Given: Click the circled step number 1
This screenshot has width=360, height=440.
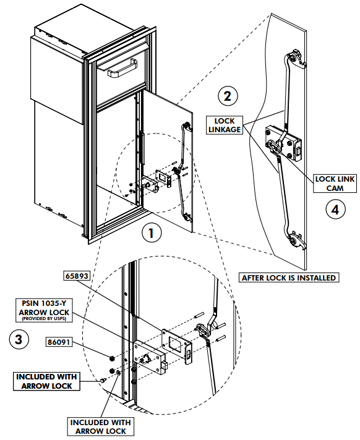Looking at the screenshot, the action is click(x=152, y=233).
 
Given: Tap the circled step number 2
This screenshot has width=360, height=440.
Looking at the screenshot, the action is click(x=228, y=96).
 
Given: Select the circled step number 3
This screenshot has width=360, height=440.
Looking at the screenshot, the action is click(x=19, y=339).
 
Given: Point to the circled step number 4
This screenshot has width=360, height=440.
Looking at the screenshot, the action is click(x=336, y=209).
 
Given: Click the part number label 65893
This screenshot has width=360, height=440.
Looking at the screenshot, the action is click(x=77, y=276).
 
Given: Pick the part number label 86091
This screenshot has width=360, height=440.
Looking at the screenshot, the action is click(x=59, y=342).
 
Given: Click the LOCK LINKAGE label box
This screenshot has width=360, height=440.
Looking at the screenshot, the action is click(x=225, y=125).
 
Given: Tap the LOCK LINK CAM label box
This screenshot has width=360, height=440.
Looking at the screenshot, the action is click(x=335, y=184).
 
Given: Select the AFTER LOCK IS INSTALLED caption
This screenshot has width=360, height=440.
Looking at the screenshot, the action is click(x=289, y=277).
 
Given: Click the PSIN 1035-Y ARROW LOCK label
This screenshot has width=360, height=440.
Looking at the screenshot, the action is click(x=43, y=310).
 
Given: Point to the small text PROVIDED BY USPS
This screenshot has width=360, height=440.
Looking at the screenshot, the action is click(x=43, y=319).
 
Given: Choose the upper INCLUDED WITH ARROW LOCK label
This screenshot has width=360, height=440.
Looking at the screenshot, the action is click(x=46, y=381).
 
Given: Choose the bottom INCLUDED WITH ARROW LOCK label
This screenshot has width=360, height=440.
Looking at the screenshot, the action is click(x=101, y=426).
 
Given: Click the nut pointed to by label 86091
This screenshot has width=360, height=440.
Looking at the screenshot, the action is click(x=112, y=358).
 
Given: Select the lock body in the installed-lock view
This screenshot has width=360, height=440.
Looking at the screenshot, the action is click(x=284, y=143).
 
